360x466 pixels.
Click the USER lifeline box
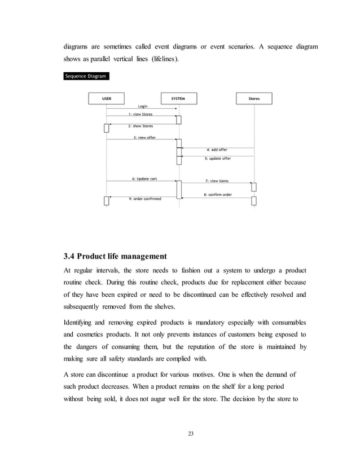click(x=106, y=98)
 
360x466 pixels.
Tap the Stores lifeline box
click(x=254, y=98)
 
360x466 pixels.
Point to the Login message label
click(x=143, y=106)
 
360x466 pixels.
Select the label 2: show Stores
click(x=141, y=126)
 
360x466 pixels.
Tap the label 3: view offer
click(x=144, y=138)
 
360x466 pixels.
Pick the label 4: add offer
click(x=217, y=150)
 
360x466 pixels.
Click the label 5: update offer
click(x=218, y=159)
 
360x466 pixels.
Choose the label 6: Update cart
click(x=144, y=179)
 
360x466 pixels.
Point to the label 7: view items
click(x=217, y=181)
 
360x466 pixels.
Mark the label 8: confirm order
click(x=218, y=195)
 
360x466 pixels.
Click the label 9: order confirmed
click(x=145, y=199)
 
